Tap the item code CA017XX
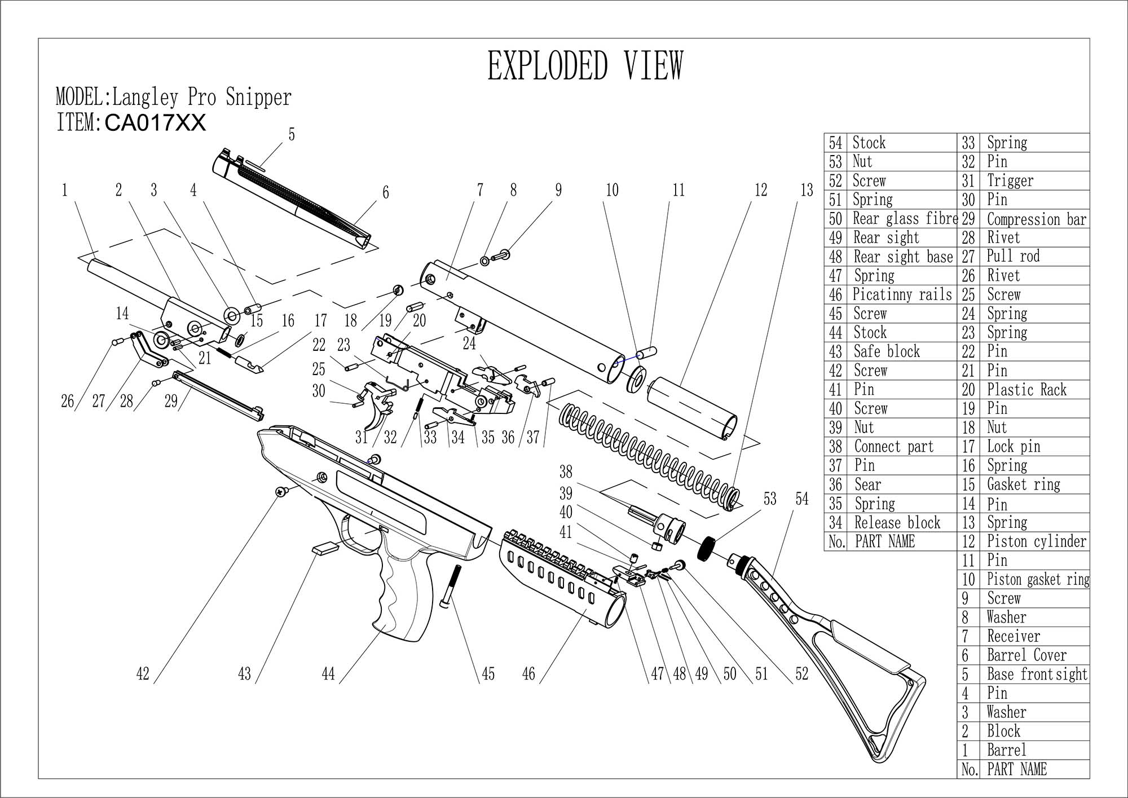(x=155, y=122)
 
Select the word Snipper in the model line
(x=258, y=97)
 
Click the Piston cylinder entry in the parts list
(x=1036, y=541)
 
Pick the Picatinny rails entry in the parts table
(x=902, y=294)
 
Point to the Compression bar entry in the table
(x=1036, y=219)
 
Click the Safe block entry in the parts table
(x=887, y=351)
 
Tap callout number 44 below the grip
(x=328, y=673)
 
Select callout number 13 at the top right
(x=807, y=191)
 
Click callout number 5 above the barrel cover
(x=292, y=134)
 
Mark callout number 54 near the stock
(x=801, y=499)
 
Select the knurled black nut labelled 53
(x=707, y=548)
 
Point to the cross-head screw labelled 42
(x=280, y=492)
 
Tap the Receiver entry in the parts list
(x=1013, y=636)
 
